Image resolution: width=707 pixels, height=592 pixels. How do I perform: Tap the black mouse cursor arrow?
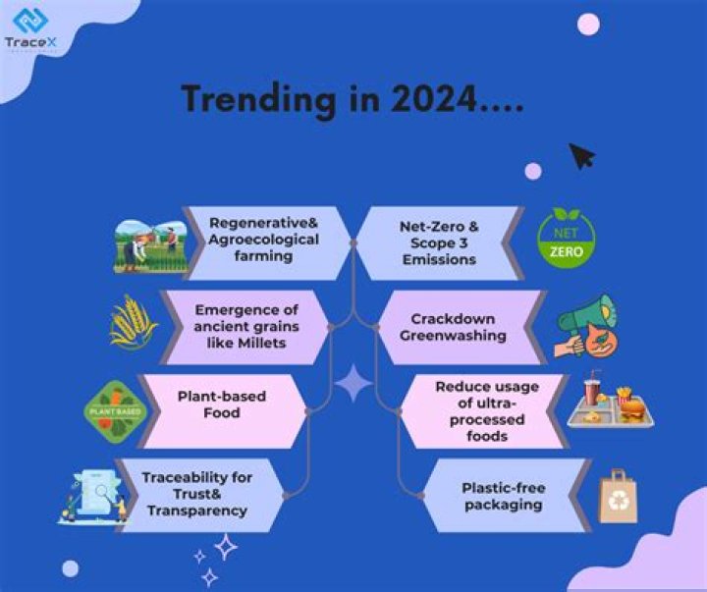(582, 155)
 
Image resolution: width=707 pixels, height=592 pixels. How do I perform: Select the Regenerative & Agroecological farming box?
(264, 241)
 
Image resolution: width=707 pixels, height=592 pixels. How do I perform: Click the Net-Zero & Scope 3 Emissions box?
(438, 242)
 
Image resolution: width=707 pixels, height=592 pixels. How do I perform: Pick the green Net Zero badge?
(567, 239)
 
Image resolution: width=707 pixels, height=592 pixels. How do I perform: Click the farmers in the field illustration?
(150, 244)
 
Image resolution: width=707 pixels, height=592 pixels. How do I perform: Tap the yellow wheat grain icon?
(134, 322)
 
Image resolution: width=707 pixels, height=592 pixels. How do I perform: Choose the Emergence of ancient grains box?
(245, 326)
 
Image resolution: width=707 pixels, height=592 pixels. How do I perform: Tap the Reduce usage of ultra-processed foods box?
(482, 410)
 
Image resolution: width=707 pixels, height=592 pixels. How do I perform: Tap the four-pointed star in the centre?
(353, 383)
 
